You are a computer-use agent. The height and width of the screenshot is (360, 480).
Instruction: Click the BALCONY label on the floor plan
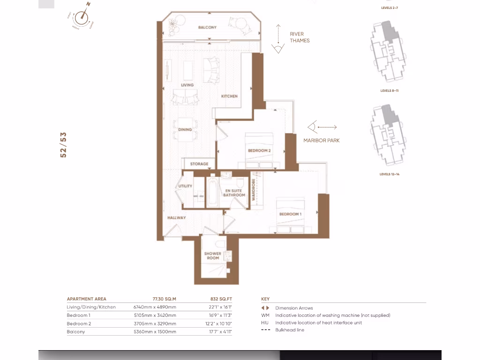[207, 28]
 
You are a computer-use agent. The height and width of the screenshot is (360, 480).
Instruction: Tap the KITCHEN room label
[229, 96]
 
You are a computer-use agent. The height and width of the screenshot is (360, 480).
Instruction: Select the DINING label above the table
[185, 129]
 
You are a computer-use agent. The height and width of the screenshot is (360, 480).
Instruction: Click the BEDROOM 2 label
[259, 151]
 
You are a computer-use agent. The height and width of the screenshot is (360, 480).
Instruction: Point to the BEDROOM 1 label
[290, 214]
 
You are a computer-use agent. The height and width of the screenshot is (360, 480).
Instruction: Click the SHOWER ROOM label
[212, 255]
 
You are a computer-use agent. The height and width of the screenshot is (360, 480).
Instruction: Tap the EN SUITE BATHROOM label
[233, 193]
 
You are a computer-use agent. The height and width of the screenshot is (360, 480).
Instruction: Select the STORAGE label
[199, 164]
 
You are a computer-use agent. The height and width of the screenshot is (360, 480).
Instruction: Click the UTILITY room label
[185, 186]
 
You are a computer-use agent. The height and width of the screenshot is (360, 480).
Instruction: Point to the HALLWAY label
[177, 217]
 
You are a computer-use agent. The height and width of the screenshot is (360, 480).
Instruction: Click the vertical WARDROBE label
[254, 190]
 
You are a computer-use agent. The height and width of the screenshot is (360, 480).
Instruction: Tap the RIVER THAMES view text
[300, 37]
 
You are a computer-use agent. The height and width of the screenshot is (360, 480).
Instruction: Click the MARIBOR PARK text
[321, 140]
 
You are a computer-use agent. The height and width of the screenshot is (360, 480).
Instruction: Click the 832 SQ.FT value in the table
[221, 299]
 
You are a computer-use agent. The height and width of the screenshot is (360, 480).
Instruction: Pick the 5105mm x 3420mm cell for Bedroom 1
[155, 315]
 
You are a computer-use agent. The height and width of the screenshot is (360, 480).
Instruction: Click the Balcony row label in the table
[76, 331]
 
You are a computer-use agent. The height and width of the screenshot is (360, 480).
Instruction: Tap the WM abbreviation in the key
[265, 315]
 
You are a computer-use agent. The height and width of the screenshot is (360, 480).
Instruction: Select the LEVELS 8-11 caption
[389, 90]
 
